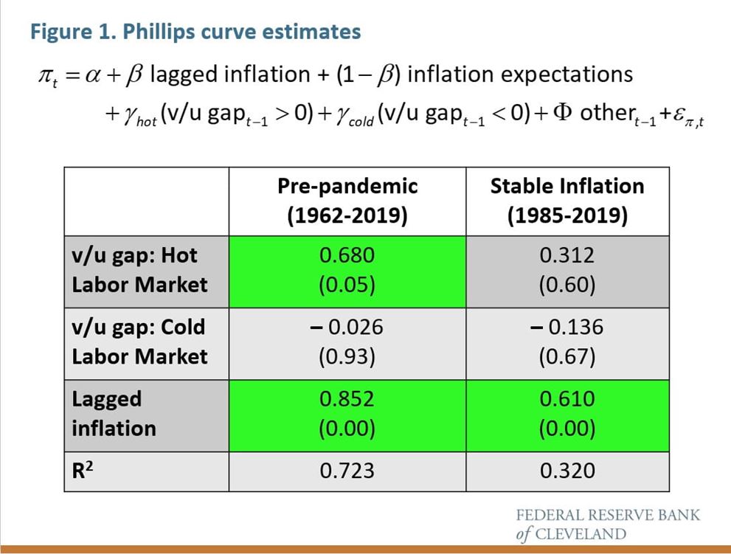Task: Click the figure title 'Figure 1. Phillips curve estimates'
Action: click(195, 32)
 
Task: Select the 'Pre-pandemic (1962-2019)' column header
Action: click(347, 201)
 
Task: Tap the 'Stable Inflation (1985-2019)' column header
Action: click(567, 201)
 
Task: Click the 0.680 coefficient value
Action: click(347, 255)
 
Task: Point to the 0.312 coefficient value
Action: click(567, 255)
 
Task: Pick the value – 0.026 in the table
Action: click(347, 327)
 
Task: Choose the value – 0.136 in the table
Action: click(567, 327)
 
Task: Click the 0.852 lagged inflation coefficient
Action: click(347, 398)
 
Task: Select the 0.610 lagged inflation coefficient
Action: click(567, 398)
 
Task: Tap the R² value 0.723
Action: click(347, 471)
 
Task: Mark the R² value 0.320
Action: click(567, 471)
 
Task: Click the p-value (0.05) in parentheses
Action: click(347, 285)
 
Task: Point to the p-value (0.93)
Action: click(347, 357)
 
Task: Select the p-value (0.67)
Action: click(567, 357)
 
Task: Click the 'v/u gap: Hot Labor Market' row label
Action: click(139, 271)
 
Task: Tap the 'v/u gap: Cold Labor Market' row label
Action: click(139, 342)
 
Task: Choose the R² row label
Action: click(83, 470)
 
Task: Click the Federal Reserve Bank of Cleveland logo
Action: click(608, 524)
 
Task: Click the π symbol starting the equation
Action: click(45, 75)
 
